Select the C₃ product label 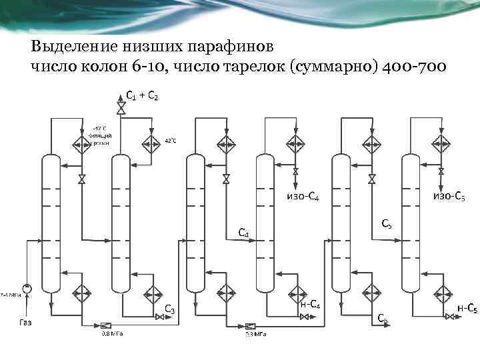(x=170, y=309)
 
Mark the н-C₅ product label (x=466, y=307)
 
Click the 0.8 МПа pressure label (x=111, y=335)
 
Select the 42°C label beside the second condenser (x=170, y=141)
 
